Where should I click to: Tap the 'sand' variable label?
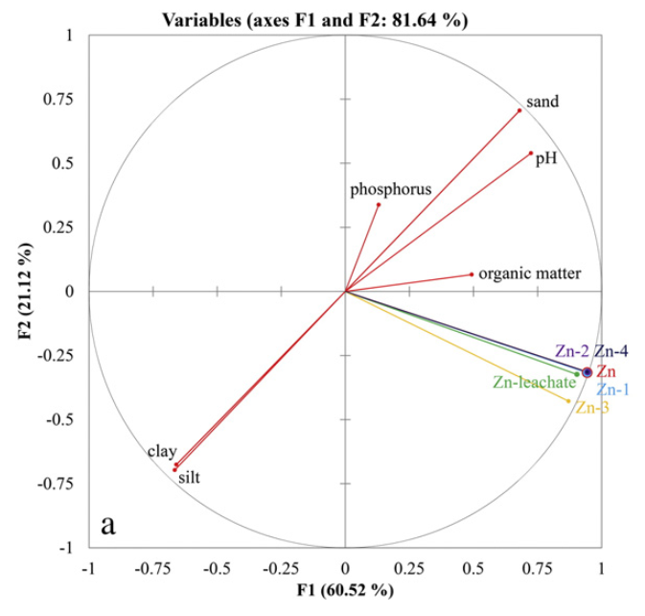point(542,101)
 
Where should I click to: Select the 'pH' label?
point(546,157)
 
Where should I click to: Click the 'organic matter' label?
point(529,273)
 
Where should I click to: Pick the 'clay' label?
point(162,450)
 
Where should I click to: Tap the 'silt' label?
point(191,476)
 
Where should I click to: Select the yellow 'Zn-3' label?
point(592,407)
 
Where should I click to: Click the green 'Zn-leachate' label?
point(534,382)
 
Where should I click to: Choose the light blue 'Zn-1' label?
point(613,390)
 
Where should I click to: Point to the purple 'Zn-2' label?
point(571,351)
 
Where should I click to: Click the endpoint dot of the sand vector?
point(519,110)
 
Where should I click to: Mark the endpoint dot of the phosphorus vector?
point(379,204)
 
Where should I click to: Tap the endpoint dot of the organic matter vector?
point(472,274)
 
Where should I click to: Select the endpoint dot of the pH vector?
point(531,153)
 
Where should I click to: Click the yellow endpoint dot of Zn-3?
point(569,401)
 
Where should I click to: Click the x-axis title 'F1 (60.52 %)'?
point(346,588)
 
